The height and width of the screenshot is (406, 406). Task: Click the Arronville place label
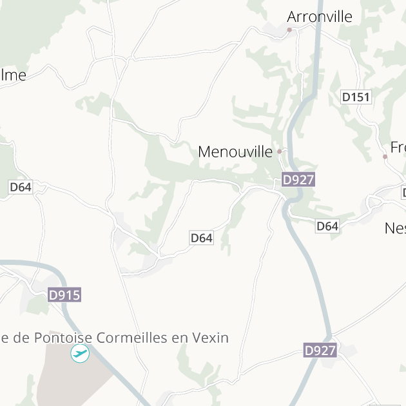click(320, 17)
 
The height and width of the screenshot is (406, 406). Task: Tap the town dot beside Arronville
click(289, 30)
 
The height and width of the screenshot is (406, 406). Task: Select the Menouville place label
click(235, 152)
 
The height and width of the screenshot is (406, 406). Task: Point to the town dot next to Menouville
click(280, 152)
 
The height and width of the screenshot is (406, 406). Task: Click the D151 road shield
click(356, 97)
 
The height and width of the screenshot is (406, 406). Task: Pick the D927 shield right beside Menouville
click(298, 180)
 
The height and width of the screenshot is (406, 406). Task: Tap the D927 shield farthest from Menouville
click(320, 351)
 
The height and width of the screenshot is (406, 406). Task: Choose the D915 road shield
click(64, 295)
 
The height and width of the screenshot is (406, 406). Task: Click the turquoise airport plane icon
click(80, 353)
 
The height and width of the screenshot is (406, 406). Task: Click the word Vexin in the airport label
click(209, 338)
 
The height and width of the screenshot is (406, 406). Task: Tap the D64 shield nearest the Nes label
click(327, 226)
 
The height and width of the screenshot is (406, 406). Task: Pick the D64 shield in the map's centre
click(202, 238)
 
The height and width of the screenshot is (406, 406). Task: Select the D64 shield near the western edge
click(20, 188)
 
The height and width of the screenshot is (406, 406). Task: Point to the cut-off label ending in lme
click(13, 75)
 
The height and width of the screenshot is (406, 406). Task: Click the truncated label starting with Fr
click(398, 146)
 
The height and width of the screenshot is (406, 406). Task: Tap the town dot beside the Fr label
click(385, 157)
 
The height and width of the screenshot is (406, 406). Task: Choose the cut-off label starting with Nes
click(395, 228)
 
